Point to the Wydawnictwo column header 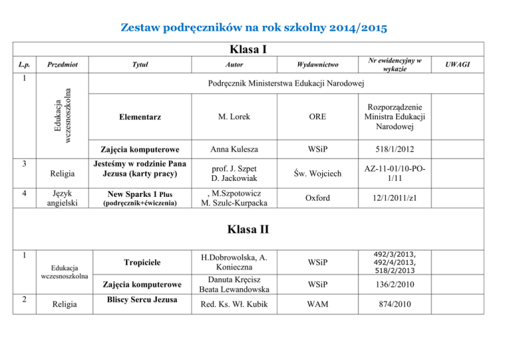pyautogui.click(x=316, y=65)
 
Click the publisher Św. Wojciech pyautogui.click(x=316, y=174)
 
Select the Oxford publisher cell pyautogui.click(x=316, y=198)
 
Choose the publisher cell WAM pyautogui.click(x=316, y=304)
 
